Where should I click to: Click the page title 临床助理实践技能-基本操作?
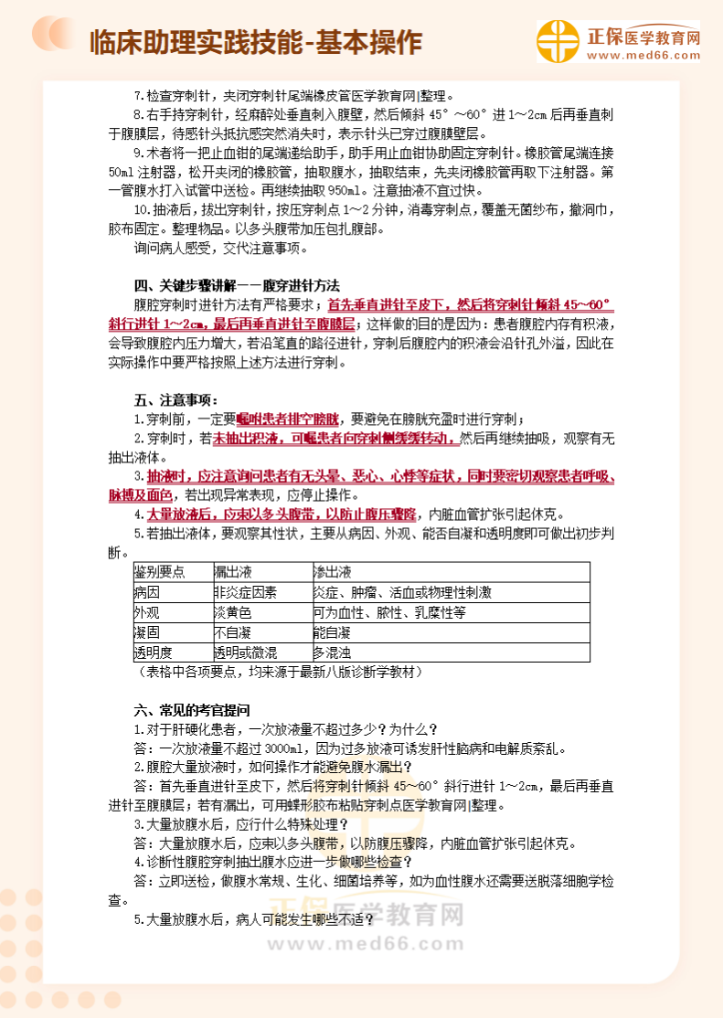[x=257, y=42]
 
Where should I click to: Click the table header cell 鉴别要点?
[x=160, y=572]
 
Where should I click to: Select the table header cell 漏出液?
[x=233, y=572]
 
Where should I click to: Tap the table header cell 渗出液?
[x=332, y=572]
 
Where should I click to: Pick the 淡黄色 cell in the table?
[x=233, y=612]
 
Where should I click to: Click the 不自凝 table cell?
[x=233, y=632]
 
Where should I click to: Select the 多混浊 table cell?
[x=332, y=652]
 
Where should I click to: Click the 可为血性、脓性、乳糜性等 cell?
[x=389, y=612]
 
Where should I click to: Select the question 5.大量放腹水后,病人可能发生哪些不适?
[x=255, y=918]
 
